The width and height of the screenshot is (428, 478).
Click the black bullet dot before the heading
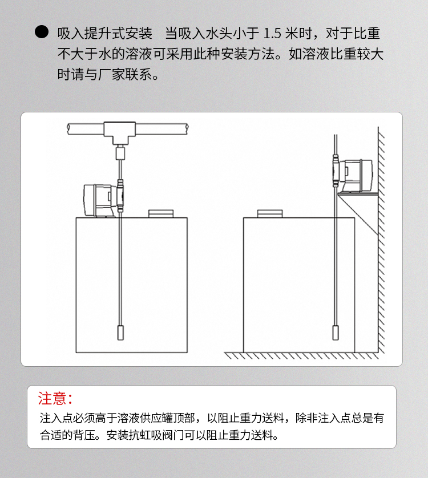click(42, 32)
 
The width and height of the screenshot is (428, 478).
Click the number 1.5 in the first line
click(272, 34)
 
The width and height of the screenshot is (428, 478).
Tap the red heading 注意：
click(55, 399)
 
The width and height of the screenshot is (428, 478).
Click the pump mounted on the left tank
click(100, 200)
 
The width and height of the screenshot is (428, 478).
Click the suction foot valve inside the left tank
click(120, 333)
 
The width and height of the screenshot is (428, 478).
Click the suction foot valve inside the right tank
click(336, 333)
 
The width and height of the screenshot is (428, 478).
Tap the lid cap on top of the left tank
click(161, 213)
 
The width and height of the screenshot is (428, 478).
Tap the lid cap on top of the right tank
click(270, 213)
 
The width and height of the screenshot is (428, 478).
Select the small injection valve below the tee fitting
click(120, 153)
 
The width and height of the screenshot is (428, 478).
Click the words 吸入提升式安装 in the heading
click(104, 34)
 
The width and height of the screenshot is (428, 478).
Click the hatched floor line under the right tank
click(301, 355)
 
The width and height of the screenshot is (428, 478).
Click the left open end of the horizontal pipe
click(68, 129)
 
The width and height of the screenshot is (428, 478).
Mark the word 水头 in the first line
click(219, 34)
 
